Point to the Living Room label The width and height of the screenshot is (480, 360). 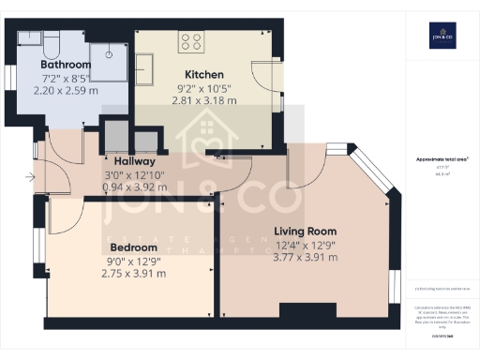coord(305,231)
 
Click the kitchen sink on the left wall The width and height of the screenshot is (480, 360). coord(147,68)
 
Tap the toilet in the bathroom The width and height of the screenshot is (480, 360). coord(52,42)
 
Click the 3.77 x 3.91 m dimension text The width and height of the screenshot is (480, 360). coord(305,258)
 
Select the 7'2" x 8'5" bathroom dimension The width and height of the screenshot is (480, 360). coord(65,79)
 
